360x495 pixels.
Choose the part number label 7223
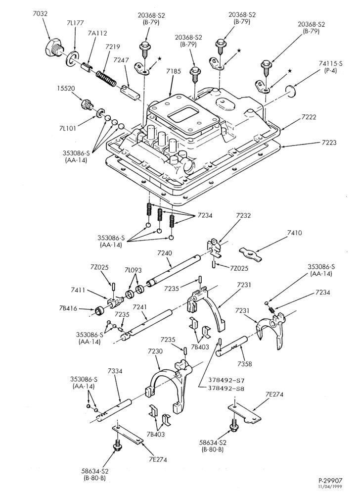329,143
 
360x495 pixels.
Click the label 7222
308,117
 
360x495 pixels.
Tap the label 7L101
67,129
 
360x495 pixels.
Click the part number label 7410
294,233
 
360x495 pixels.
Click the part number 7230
155,351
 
